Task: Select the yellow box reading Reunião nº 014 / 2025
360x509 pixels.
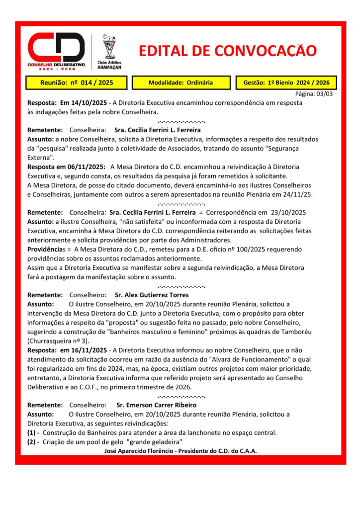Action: click(77, 83)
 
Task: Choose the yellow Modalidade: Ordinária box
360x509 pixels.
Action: click(180, 83)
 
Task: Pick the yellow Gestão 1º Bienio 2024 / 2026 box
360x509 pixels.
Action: click(287, 83)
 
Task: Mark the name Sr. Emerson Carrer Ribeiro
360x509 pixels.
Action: click(156, 405)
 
